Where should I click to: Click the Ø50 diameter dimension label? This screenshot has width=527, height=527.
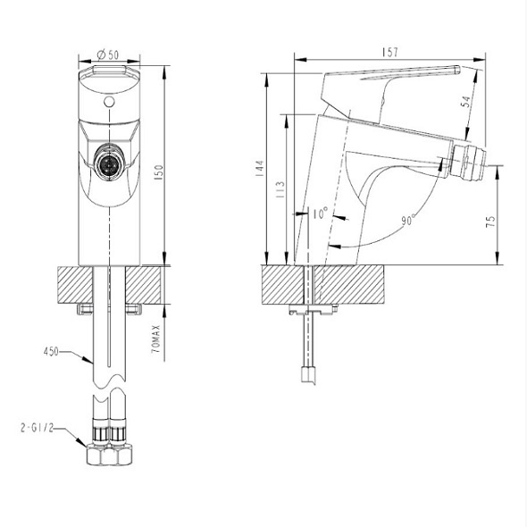pos(108,54)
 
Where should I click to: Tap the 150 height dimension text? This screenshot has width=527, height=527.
pos(158,172)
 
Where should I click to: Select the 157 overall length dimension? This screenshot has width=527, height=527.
pos(389,52)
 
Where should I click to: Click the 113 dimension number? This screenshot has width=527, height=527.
pos(280,190)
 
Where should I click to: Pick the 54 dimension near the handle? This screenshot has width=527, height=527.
pos(466,102)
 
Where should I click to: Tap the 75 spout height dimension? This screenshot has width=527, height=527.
pos(490,222)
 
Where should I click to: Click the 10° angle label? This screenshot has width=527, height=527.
pos(321,213)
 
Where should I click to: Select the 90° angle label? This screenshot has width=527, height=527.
pos(408,220)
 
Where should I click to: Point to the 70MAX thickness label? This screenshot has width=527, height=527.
pos(156,339)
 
